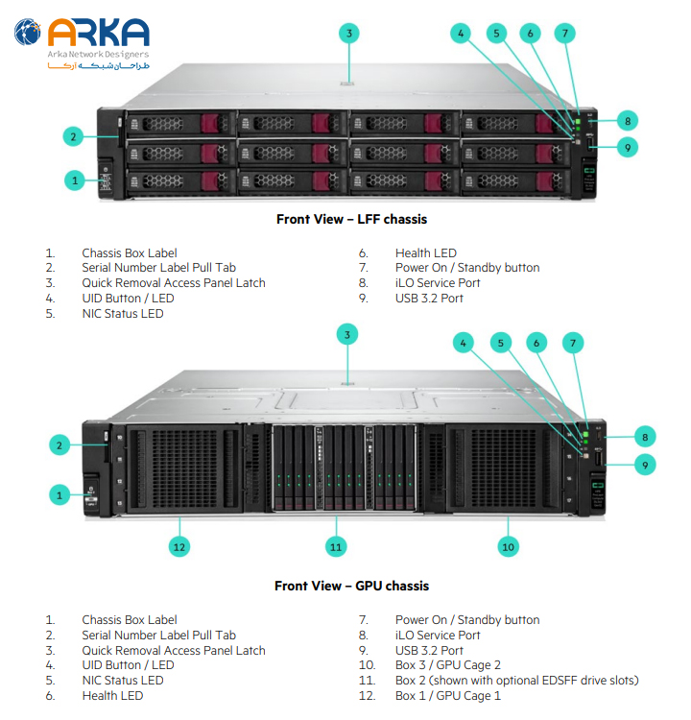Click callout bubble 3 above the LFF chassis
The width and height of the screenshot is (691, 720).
[349, 34]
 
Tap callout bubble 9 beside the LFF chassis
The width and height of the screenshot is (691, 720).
[627, 147]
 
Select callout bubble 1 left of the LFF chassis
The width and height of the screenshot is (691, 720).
[74, 180]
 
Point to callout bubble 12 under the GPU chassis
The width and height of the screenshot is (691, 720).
[179, 546]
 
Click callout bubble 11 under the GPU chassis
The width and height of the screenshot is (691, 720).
[335, 546]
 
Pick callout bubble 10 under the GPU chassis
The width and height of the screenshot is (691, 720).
[508, 546]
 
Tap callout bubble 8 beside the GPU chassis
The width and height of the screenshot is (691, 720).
[645, 437]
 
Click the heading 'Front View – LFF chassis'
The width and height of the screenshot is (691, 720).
[351, 219]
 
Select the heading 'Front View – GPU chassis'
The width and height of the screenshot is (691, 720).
[351, 586]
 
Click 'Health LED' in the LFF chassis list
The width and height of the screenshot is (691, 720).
[426, 252]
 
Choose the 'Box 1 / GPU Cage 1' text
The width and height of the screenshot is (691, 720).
[448, 696]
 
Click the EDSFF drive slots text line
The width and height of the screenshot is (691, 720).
[516, 681]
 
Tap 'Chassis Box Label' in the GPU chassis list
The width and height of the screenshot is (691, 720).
[130, 620]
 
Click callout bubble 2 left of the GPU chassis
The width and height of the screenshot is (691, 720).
[60, 444]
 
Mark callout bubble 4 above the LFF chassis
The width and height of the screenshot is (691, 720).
[462, 34]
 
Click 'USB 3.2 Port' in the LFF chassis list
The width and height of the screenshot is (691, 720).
[429, 299]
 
